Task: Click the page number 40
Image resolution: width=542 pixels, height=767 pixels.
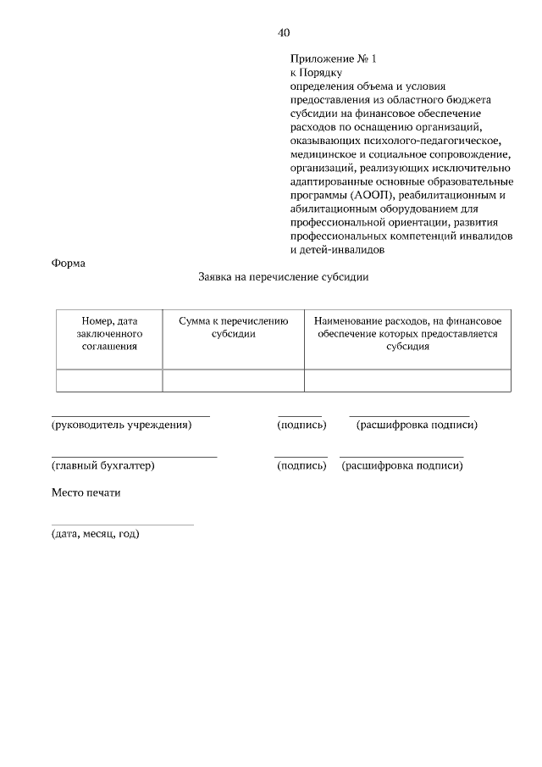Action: click(x=284, y=33)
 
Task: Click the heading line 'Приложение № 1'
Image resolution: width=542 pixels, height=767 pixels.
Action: click(x=332, y=59)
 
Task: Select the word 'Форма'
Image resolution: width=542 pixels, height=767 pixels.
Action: click(x=69, y=263)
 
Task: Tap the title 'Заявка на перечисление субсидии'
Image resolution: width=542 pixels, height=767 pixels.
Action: click(x=284, y=277)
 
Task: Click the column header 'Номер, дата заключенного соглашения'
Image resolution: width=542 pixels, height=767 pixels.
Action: click(x=109, y=333)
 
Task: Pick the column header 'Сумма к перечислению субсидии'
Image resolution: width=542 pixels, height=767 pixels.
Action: click(x=233, y=327)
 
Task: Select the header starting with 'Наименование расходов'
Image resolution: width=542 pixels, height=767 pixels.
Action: click(x=407, y=333)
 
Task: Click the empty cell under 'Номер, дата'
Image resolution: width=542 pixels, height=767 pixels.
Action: click(x=109, y=381)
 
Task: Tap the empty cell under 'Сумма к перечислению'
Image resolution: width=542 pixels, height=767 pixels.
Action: click(x=233, y=381)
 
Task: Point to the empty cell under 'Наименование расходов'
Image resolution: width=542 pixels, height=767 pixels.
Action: click(x=407, y=381)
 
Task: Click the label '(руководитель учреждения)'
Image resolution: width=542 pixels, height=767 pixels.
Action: click(x=122, y=424)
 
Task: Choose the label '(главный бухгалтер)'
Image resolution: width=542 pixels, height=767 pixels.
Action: click(x=103, y=465)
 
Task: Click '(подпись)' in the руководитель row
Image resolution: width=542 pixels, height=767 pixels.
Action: click(x=301, y=424)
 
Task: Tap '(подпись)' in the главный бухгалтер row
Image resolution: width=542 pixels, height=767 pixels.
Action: click(x=301, y=465)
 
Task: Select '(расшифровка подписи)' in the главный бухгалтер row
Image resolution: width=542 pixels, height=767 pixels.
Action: click(x=402, y=465)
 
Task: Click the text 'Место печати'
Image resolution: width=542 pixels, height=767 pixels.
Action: click(x=86, y=492)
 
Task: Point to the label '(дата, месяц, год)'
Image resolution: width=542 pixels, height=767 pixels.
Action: click(x=95, y=534)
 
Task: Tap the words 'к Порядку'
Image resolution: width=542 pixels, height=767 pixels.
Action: click(x=315, y=73)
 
